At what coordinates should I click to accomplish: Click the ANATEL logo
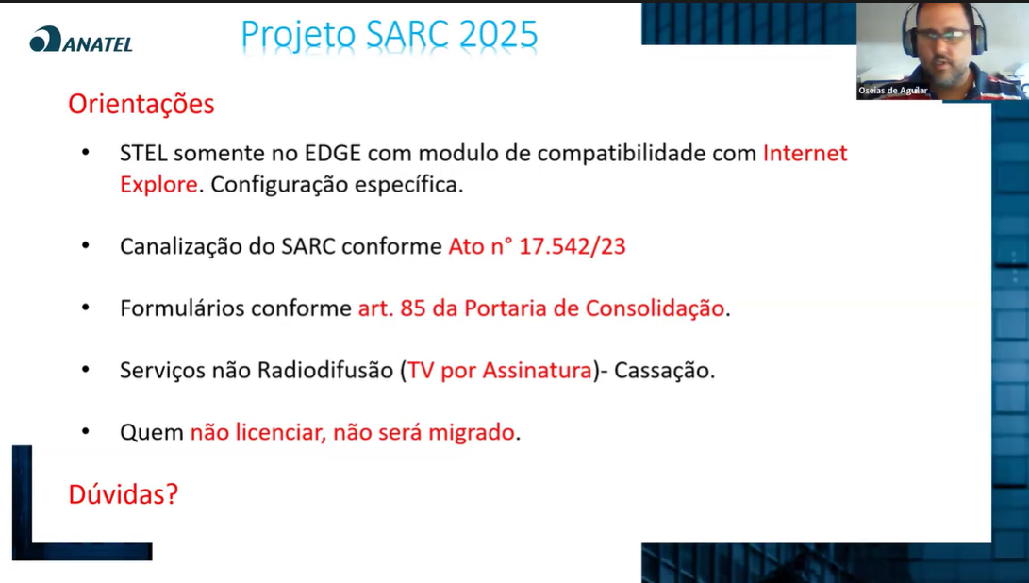pyautogui.click(x=81, y=40)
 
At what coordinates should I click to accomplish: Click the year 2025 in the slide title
pyautogui.click(x=498, y=35)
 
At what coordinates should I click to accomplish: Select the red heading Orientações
pyautogui.click(x=141, y=105)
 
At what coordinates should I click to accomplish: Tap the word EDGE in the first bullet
pyautogui.click(x=332, y=153)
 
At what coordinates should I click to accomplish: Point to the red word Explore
pyautogui.click(x=158, y=185)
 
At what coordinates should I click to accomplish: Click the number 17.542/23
pyautogui.click(x=573, y=246)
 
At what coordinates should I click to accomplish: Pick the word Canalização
pyautogui.click(x=180, y=247)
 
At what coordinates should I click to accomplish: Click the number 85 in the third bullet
pyautogui.click(x=413, y=308)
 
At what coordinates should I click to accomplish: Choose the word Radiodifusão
pyautogui.click(x=324, y=371)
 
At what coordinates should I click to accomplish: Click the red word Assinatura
pyautogui.click(x=538, y=371)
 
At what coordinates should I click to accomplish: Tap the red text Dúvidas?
pyautogui.click(x=124, y=494)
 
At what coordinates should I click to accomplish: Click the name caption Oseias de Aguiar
pyautogui.click(x=892, y=91)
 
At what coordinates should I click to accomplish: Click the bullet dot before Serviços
pyautogui.click(x=86, y=370)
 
